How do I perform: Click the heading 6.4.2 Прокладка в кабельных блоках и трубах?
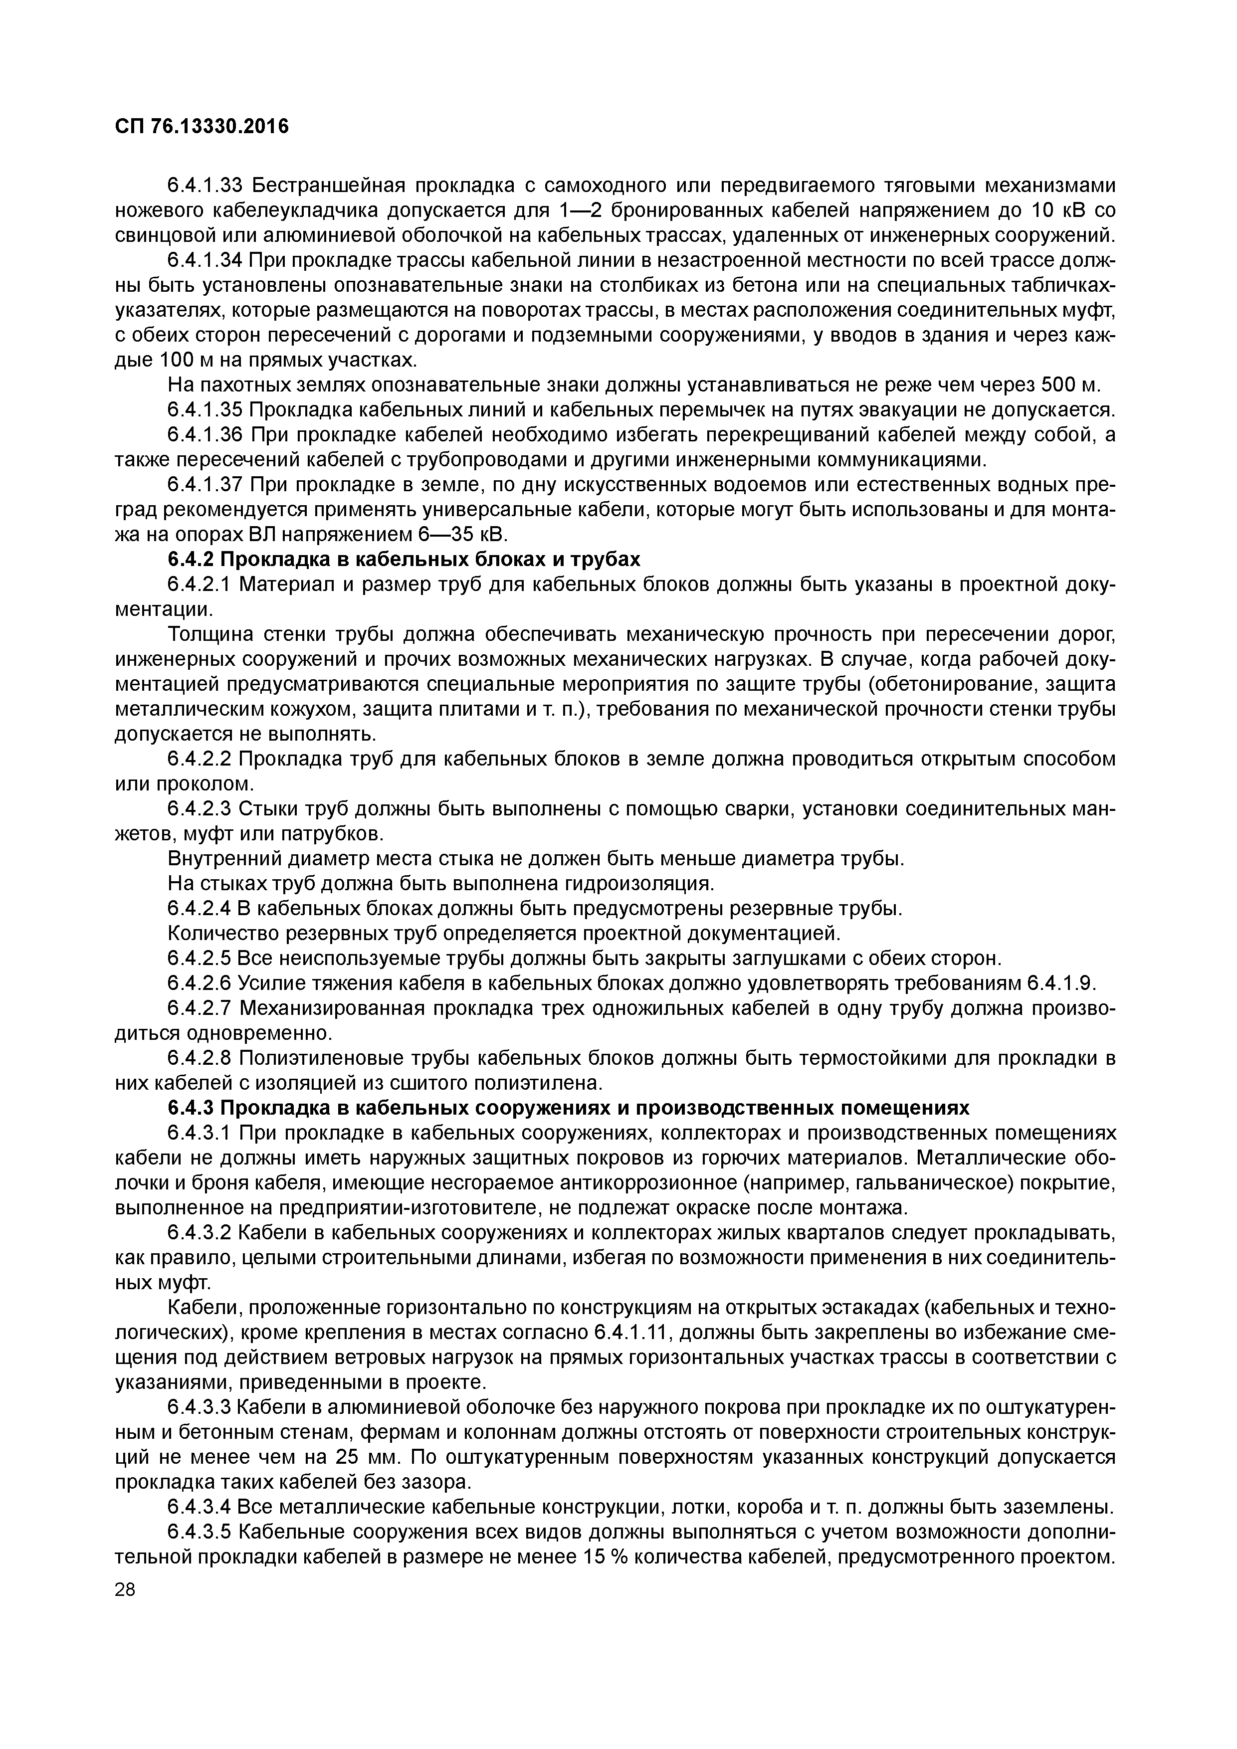tap(404, 559)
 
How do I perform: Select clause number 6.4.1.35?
tap(204, 410)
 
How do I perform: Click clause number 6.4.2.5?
tap(198, 958)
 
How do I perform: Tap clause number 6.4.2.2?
tap(198, 759)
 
